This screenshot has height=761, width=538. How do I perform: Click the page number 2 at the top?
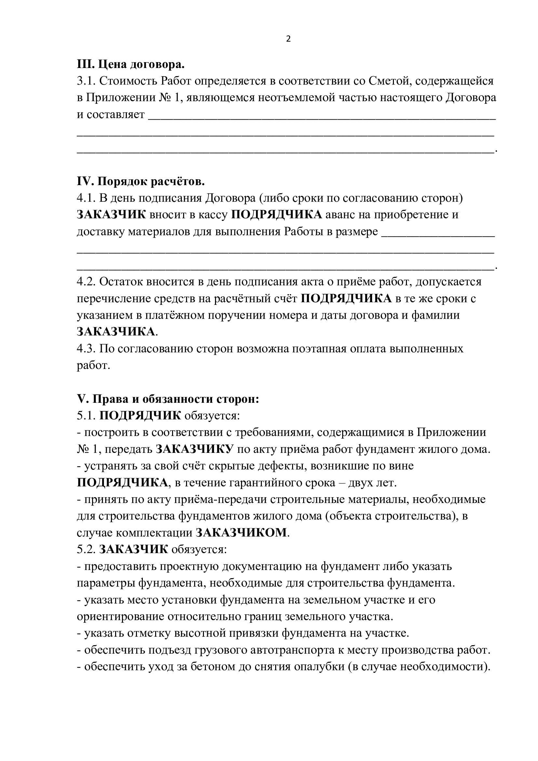point(288,39)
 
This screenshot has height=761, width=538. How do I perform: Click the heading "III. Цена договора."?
point(130,64)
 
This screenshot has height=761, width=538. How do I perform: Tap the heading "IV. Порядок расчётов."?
point(141,182)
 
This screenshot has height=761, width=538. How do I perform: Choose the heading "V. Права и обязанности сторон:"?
point(168,399)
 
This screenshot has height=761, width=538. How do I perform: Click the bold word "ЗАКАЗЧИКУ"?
point(195,449)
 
